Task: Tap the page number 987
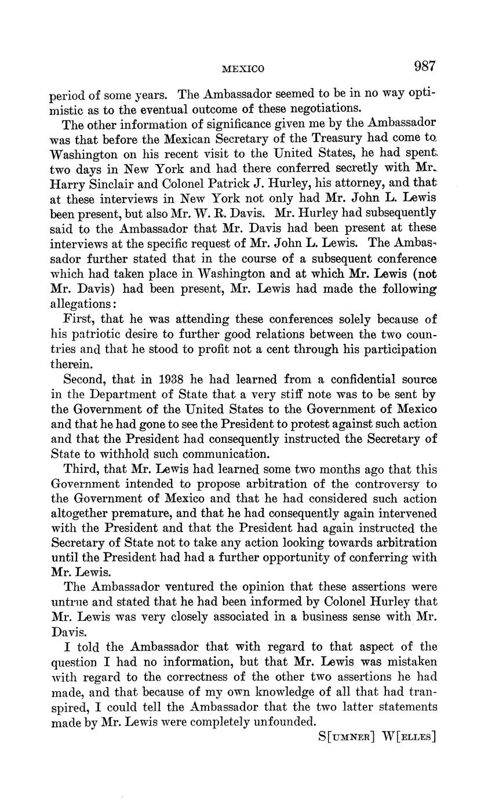coord(424,66)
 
